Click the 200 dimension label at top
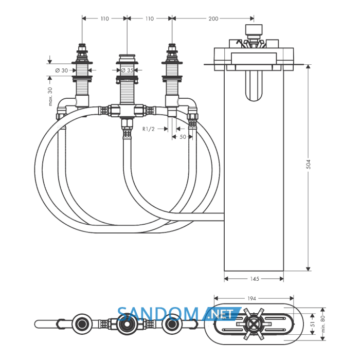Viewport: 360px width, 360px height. (213, 19)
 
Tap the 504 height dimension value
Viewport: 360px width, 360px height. (309, 165)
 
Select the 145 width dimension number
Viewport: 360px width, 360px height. (255, 279)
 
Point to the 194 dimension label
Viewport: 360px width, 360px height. (251, 298)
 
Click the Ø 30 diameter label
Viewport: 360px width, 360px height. (62, 70)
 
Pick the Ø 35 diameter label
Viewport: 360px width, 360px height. (127, 70)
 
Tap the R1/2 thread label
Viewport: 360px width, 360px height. (148, 129)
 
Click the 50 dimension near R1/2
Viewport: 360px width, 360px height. (183, 137)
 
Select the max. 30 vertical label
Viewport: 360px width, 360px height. (50, 97)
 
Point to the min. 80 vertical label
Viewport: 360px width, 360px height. (323, 324)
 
